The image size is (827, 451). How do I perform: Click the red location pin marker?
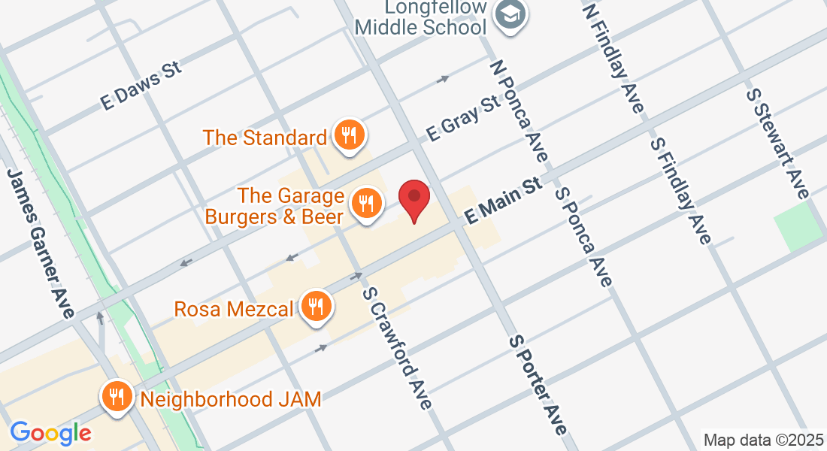pos(413,199)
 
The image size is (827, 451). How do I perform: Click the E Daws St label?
pos(141,87)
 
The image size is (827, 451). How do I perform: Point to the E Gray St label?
pos(463,118)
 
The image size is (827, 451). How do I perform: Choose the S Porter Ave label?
pos(538,385)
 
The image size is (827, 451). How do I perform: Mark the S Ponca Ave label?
pos(583,236)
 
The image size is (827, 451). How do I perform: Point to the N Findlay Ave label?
pos(613,56)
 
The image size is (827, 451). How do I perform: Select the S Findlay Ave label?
pos(681,190)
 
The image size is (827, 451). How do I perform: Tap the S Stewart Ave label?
pos(777,143)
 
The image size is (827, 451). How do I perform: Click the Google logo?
pos(50,432)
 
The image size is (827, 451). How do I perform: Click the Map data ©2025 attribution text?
pos(763,439)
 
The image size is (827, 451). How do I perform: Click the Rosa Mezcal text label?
pos(234,308)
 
